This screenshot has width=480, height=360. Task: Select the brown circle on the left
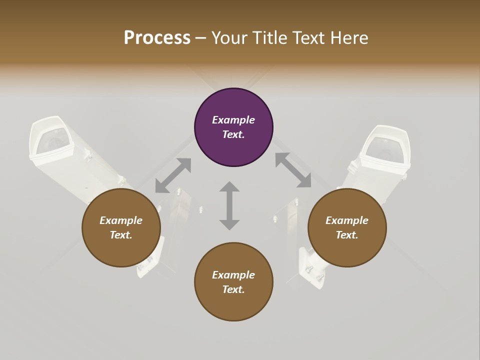pos(121,227)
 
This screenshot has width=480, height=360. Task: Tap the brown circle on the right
pos(347,227)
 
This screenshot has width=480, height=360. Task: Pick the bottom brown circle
pos(233,281)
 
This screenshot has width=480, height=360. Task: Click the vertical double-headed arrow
pos(229,205)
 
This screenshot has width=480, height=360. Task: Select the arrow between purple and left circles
pos(173,175)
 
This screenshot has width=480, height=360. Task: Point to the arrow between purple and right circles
pos(293,170)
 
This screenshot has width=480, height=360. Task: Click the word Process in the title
pos(157,38)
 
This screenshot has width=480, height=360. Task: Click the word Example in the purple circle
pos(233,120)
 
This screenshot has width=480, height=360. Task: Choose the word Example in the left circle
pos(121,220)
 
